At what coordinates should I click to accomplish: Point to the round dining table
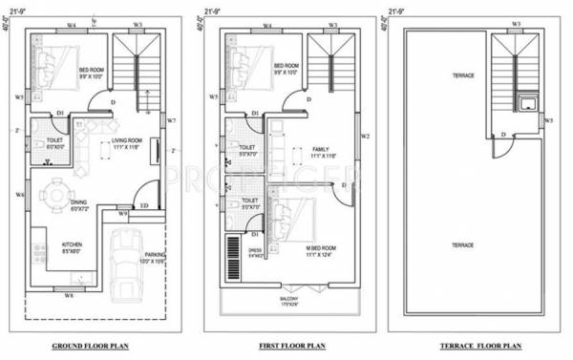point(56,194)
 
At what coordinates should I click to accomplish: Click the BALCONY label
point(290,299)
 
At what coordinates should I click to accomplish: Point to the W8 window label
point(69,297)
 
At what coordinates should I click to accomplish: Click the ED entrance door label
point(144,205)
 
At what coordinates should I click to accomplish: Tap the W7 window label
point(171,120)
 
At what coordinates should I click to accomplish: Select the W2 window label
point(365,136)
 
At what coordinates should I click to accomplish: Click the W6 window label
point(19,195)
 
